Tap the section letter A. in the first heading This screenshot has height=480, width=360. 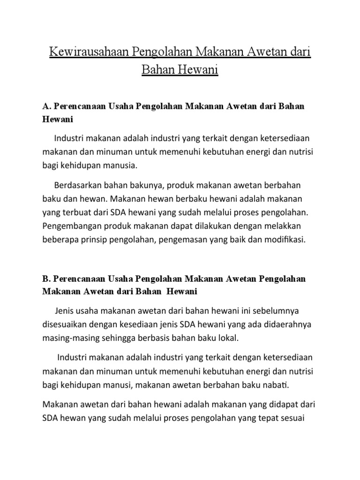pyautogui.click(x=46, y=106)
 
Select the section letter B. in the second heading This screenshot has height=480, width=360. pyautogui.click(x=46, y=279)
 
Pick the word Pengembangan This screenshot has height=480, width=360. pyautogui.click(x=72, y=227)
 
